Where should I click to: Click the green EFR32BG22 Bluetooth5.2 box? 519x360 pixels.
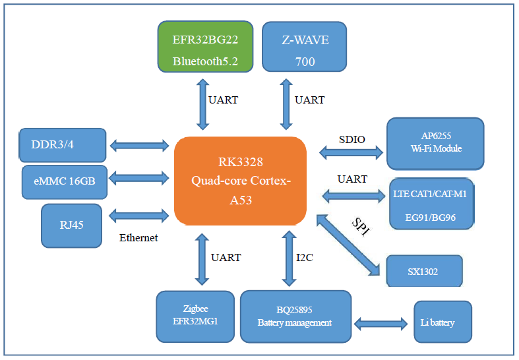point(205,46)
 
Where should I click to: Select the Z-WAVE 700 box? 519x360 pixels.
point(305,46)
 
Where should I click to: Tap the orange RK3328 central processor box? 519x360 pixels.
point(240,181)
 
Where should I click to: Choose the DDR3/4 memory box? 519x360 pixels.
point(63,145)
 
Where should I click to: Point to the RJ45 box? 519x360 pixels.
point(72,225)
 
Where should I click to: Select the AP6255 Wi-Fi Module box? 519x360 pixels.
point(435,144)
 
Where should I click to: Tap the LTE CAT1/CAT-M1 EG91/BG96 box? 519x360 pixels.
point(432,203)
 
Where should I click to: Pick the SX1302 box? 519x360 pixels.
point(424,270)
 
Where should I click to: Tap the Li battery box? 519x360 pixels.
point(442,322)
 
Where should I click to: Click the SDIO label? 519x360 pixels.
point(351,139)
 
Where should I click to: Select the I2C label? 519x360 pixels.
point(304,257)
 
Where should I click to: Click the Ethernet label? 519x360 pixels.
point(138,238)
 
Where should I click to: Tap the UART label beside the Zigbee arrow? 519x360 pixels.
point(225,257)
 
